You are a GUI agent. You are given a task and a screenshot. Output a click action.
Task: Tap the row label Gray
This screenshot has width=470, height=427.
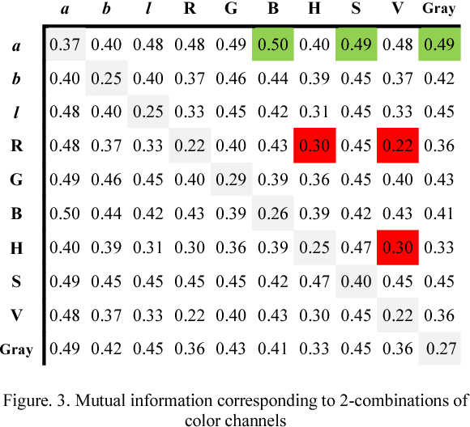(17, 349)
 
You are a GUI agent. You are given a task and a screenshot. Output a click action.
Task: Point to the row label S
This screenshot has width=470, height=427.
(16, 281)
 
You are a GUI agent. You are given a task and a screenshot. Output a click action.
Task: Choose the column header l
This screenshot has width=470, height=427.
(147, 11)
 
